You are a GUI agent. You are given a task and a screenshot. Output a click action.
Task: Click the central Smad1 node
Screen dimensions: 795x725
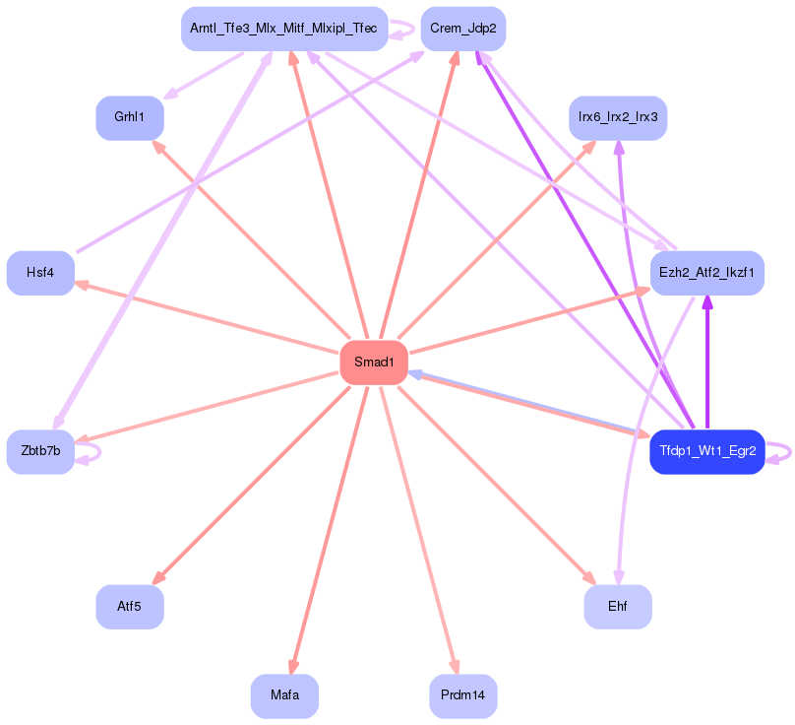[x=374, y=362]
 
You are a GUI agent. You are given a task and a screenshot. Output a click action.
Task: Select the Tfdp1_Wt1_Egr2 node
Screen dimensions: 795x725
[x=706, y=452]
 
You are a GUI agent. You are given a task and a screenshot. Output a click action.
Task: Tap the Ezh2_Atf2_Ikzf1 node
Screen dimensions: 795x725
[x=706, y=273]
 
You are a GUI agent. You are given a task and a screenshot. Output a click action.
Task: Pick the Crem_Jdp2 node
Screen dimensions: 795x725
[x=462, y=29]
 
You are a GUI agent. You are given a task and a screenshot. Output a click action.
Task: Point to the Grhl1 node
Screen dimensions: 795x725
[x=129, y=117]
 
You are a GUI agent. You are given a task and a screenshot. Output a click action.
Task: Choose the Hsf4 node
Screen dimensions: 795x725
[x=40, y=273]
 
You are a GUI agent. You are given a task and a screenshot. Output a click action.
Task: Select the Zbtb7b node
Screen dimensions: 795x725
[x=40, y=452]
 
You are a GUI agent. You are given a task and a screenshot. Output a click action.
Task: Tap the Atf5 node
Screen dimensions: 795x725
[x=129, y=607]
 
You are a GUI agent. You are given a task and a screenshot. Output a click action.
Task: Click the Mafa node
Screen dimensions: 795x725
[x=284, y=696]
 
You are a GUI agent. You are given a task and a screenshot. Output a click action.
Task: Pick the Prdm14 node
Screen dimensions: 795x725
[x=462, y=696]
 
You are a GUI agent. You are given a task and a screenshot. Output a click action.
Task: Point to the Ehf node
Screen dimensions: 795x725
[x=618, y=607]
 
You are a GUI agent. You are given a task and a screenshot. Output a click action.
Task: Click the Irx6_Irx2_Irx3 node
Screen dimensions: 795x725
[x=618, y=117]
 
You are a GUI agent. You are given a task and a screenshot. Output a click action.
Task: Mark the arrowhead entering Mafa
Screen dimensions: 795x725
[x=292, y=667]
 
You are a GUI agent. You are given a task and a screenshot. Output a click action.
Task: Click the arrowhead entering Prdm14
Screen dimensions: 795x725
[x=455, y=667]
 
